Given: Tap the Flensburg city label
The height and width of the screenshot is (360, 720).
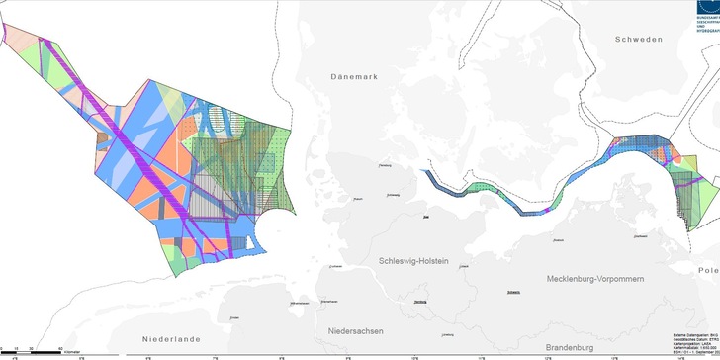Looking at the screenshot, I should click(386, 165).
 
